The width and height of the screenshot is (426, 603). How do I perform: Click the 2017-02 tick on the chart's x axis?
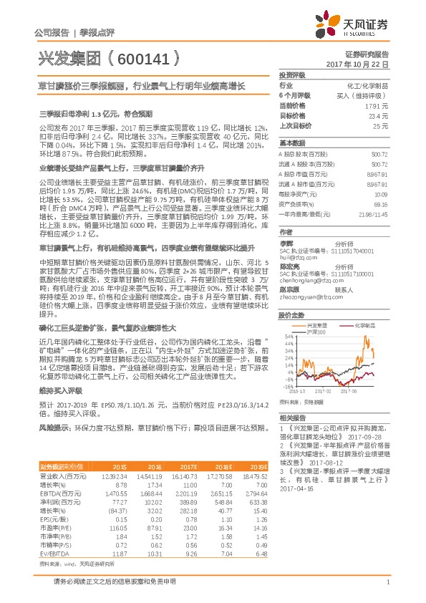322,392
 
